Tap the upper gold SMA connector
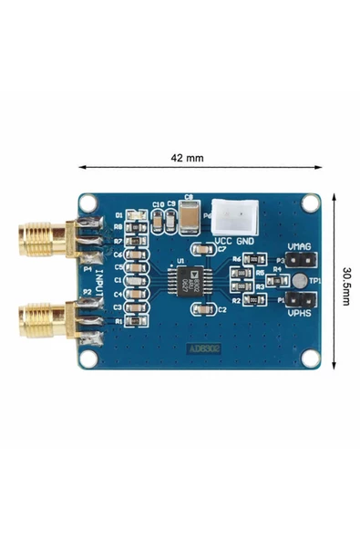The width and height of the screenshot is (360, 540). click(x=41, y=239)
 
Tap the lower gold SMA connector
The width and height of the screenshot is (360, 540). click(x=41, y=318)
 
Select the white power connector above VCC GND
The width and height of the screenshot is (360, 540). click(x=233, y=217)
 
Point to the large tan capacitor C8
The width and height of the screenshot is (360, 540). click(x=190, y=216)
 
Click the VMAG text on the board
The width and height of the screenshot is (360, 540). click(x=299, y=247)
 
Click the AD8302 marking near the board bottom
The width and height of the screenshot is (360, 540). click(x=202, y=348)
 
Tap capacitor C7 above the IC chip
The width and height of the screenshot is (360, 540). click(x=199, y=248)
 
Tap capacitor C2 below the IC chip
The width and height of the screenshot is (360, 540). click(x=201, y=310)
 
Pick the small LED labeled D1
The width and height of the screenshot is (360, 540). click(x=135, y=215)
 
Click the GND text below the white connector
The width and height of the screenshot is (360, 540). click(x=245, y=241)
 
